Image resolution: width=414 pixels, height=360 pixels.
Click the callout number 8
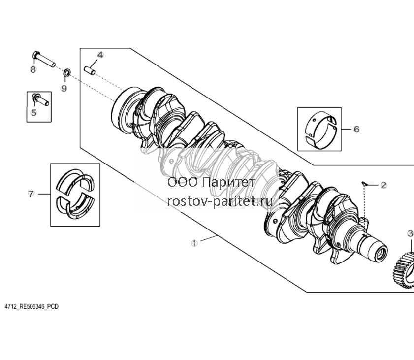coord(33,69)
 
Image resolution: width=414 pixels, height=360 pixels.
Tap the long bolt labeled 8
coord(44,59)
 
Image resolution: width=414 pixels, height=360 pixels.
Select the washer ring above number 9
coord(67,72)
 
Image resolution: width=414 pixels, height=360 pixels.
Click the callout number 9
coord(64,88)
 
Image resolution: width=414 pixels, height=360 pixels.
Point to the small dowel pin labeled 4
coord(90,70)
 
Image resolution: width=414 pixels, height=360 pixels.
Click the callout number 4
coord(100,55)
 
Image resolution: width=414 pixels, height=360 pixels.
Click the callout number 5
coord(34,112)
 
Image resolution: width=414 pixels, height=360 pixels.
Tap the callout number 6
coord(356,129)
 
